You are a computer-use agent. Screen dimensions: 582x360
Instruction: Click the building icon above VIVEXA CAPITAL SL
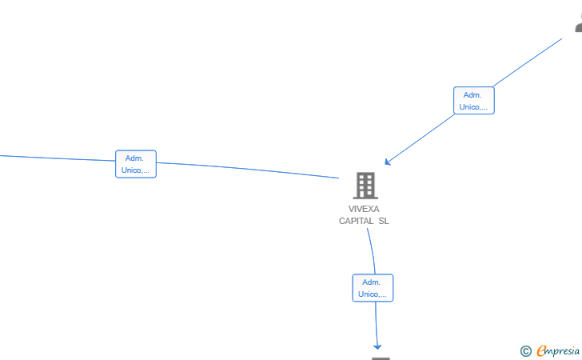coord(365,185)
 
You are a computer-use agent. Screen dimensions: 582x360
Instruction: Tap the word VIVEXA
coord(364,209)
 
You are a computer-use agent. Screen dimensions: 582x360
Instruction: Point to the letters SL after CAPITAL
coord(384,221)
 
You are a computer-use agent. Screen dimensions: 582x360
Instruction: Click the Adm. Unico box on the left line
coord(136,164)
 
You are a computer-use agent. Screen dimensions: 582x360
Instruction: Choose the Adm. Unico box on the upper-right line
coord(473,100)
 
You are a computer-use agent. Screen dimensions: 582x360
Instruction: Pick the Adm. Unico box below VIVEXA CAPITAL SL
coord(373,288)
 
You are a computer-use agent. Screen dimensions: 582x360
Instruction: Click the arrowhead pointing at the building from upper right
coord(387,162)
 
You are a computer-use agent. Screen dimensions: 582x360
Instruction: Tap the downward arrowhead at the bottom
coord(377,347)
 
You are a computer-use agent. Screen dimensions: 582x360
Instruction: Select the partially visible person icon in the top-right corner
coord(579,23)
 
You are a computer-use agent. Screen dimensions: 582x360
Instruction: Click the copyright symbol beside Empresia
coord(526,351)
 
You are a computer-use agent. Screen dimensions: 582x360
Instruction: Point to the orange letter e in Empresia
coord(541,350)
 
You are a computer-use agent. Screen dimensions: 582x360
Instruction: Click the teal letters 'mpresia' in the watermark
coord(563,351)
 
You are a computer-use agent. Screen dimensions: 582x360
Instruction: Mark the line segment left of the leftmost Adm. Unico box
coord(58,158)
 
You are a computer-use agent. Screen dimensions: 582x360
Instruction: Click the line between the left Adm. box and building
coord(248,170)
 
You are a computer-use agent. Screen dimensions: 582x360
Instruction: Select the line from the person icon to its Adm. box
coord(527,62)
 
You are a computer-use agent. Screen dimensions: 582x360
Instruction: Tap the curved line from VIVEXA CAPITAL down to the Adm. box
coord(373,250)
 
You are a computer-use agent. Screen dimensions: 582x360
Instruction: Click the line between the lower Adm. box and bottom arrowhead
coord(376,323)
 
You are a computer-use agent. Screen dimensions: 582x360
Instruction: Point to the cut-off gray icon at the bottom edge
coord(381,358)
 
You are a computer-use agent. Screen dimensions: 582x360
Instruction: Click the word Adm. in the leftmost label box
coord(134,158)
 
